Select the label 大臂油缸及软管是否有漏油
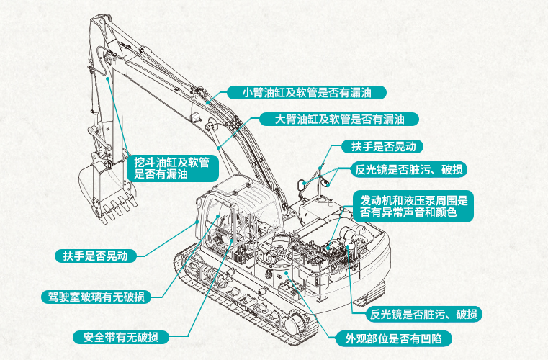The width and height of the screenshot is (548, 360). tap(331, 119)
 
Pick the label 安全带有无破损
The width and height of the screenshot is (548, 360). tap(121, 337)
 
